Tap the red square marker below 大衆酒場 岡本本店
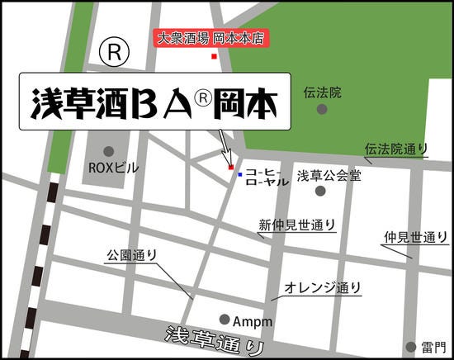[x=214, y=56]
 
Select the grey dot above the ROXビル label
[x=109, y=151]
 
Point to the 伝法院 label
[x=322, y=92]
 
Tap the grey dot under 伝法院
[x=322, y=109]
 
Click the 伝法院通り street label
[x=397, y=149]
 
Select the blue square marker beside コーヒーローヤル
[x=239, y=175]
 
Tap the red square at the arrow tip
[x=230, y=168]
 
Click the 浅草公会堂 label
[x=329, y=175]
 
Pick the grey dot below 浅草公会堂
[x=320, y=191]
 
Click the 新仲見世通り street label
[x=297, y=224]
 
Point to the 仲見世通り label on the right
[x=410, y=237]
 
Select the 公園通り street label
[x=131, y=254]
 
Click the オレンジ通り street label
[x=323, y=287]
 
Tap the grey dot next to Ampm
[x=225, y=320]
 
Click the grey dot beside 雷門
[x=410, y=346]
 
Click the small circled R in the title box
[x=202, y=97]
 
